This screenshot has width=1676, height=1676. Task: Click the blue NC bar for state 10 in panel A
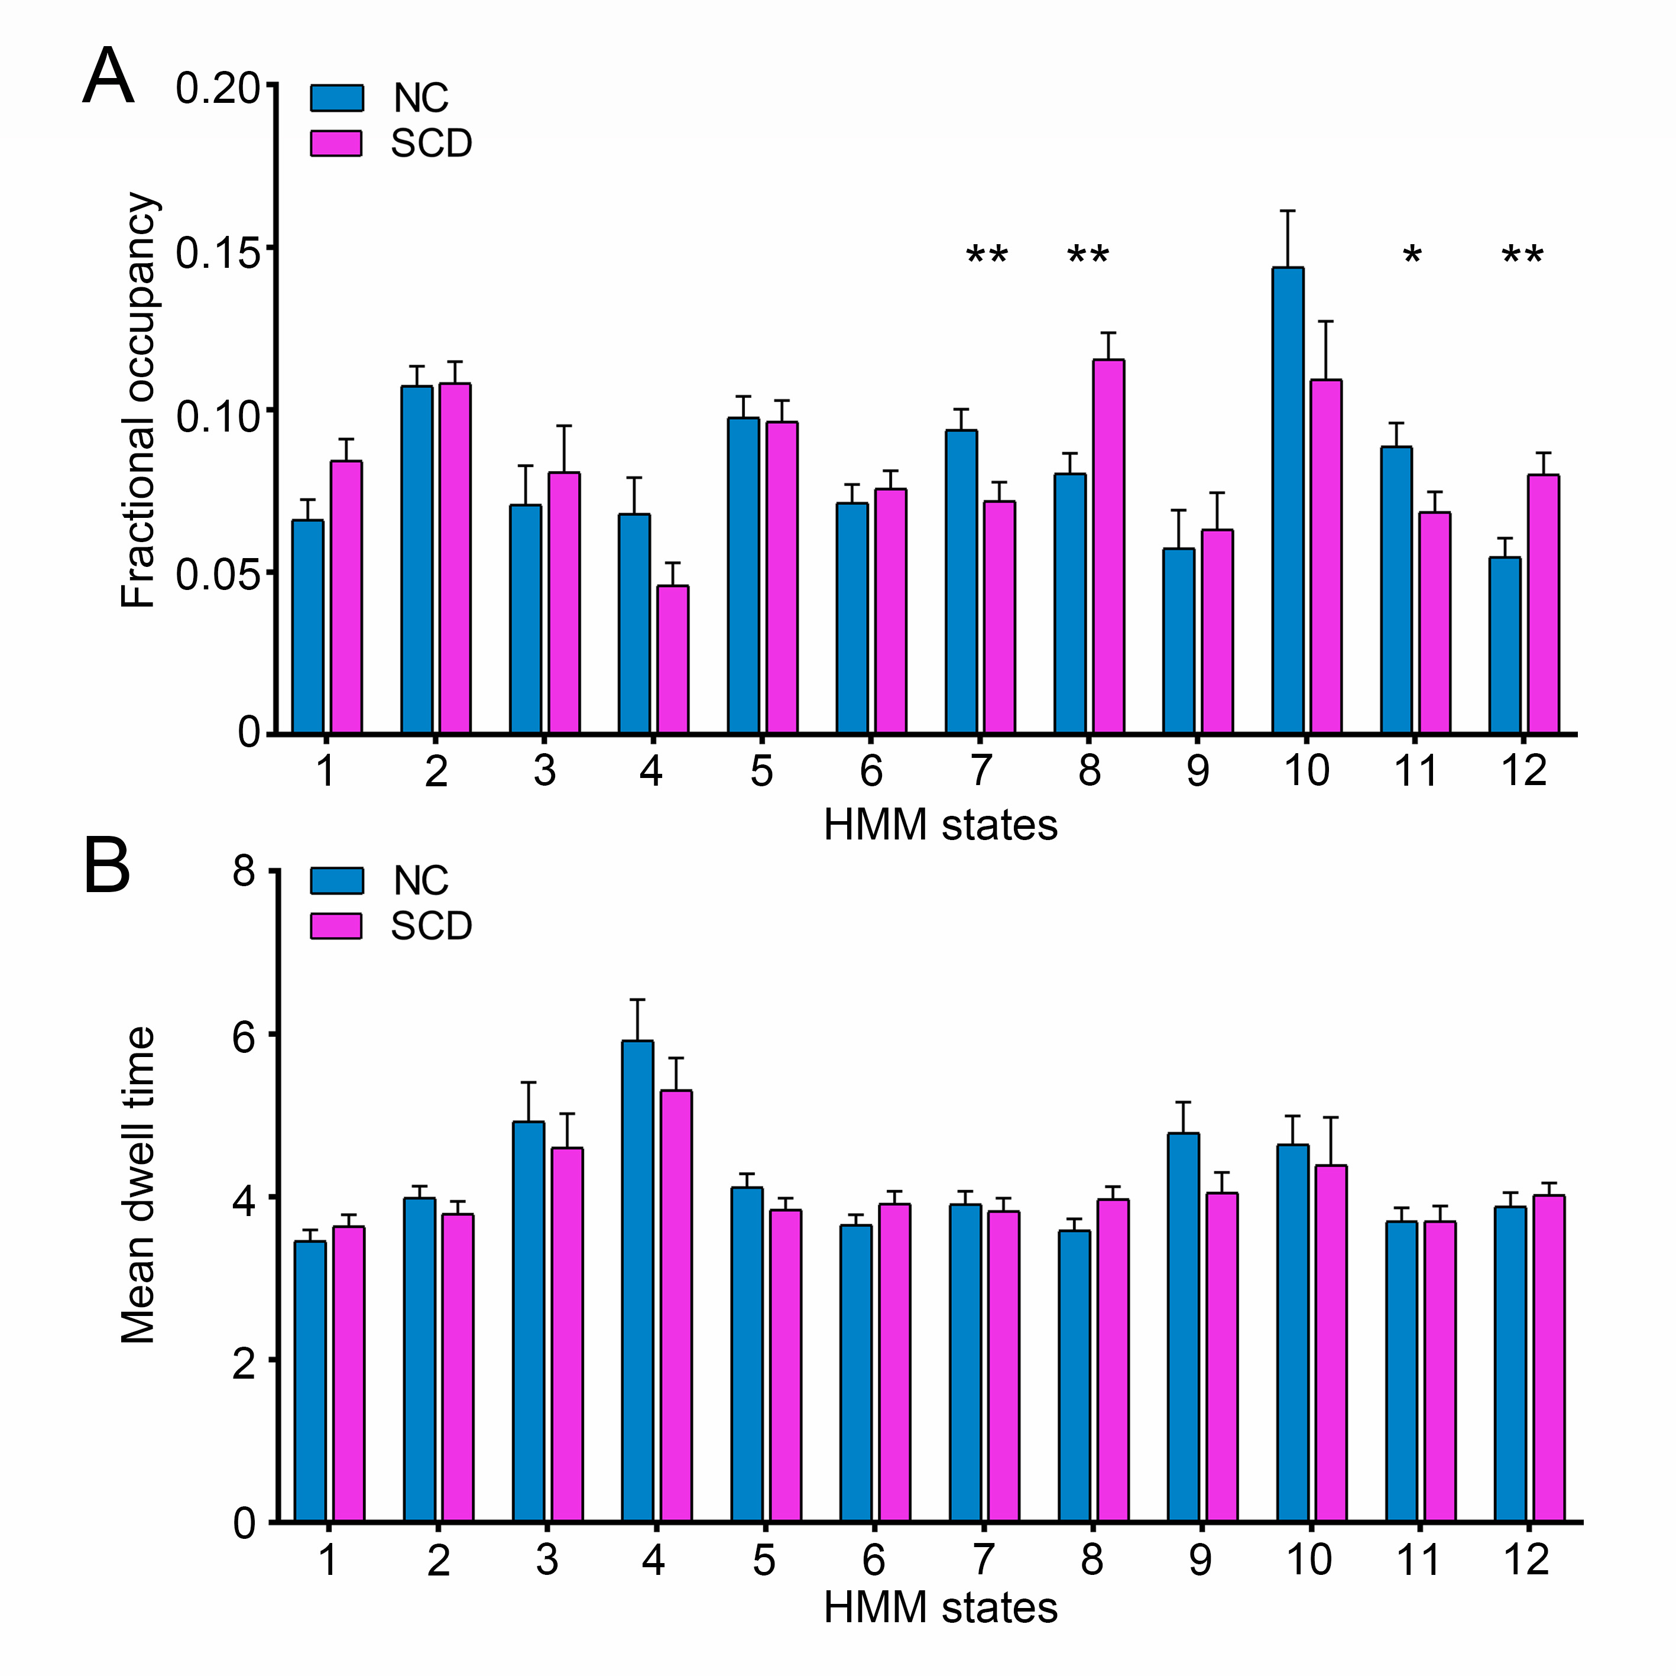point(1288,501)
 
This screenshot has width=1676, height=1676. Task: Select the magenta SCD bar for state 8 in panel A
point(1108,546)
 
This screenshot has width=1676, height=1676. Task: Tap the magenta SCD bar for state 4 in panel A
point(672,659)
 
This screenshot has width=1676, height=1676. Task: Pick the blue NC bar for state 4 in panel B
point(638,1282)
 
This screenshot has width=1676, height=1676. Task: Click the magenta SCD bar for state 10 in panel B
point(1331,1344)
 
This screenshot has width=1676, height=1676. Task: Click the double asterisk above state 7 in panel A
point(987,257)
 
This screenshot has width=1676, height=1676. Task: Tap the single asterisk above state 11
point(1412,257)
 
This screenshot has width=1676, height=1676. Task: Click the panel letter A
point(108,78)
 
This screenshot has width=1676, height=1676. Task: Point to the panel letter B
point(106,865)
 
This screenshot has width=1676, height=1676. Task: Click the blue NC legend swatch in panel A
point(336,98)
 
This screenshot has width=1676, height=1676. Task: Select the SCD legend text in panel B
point(431,926)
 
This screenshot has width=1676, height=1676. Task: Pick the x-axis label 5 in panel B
point(763,1560)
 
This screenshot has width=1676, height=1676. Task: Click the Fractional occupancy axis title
point(139,401)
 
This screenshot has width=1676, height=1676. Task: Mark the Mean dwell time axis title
point(139,1186)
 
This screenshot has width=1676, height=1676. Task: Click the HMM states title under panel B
point(941,1607)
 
